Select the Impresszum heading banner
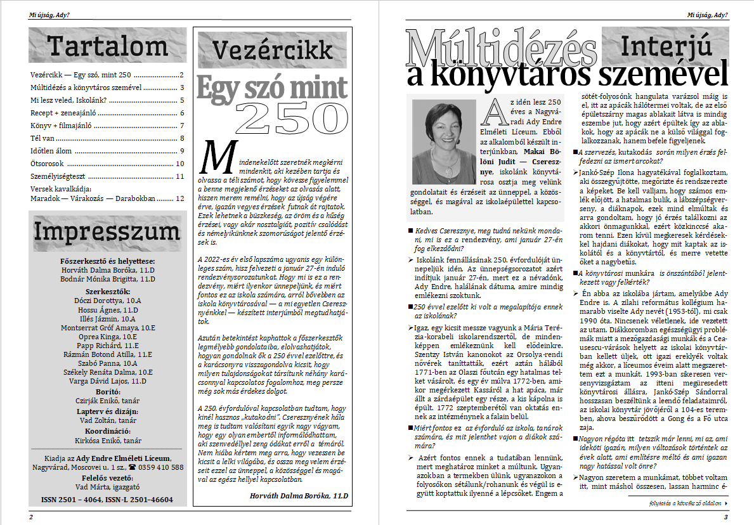click(x=108, y=232)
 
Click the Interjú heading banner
click(x=665, y=46)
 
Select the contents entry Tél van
click(x=45, y=138)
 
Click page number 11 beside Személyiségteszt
click(x=179, y=176)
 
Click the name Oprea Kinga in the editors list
click(x=107, y=337)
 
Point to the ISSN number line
click(x=107, y=500)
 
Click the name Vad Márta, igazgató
click(x=107, y=487)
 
